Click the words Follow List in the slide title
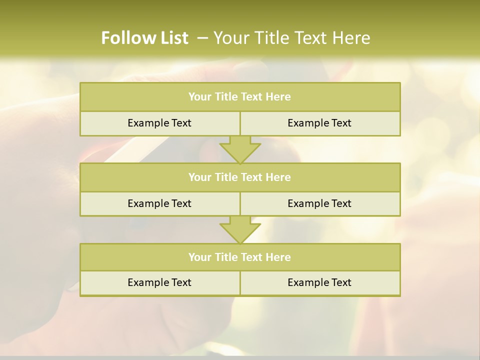pyautogui.click(x=144, y=38)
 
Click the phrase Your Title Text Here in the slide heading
pyautogui.click(x=291, y=38)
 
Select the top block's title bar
pyautogui.click(x=240, y=97)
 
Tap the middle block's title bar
pyautogui.click(x=240, y=177)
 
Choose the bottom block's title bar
pyautogui.click(x=240, y=257)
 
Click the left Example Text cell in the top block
pyautogui.click(x=159, y=123)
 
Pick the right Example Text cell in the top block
pyautogui.click(x=319, y=123)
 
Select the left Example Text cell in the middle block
pyautogui.click(x=159, y=203)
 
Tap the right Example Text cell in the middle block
pyautogui.click(x=319, y=203)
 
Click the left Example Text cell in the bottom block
pyautogui.click(x=159, y=282)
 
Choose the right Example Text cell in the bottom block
pyautogui.click(x=319, y=282)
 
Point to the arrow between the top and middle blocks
pyautogui.click(x=240, y=149)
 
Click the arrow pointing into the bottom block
pyautogui.click(x=240, y=229)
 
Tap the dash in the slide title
pyautogui.click(x=202, y=38)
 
